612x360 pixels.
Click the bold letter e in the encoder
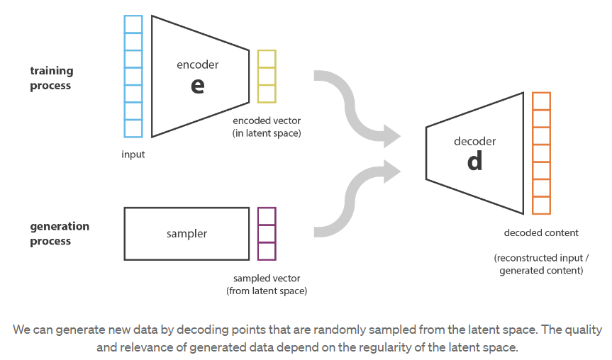point(197,85)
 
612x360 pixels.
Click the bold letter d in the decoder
point(474,162)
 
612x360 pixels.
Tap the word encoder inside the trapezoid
point(197,64)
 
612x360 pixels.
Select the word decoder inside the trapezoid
point(474,141)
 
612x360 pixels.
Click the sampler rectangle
point(187,233)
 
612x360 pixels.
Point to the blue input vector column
point(133,76)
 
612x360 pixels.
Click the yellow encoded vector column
point(267,76)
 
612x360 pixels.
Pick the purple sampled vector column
point(267,233)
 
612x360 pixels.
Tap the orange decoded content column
point(541,153)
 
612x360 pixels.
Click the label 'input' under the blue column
point(133,154)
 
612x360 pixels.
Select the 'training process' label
point(50,78)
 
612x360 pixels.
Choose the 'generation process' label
point(60,233)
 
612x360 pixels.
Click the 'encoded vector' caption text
point(267,121)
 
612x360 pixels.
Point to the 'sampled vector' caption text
point(267,279)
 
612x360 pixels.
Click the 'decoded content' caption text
point(541,232)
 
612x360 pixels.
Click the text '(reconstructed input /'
point(541,258)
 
